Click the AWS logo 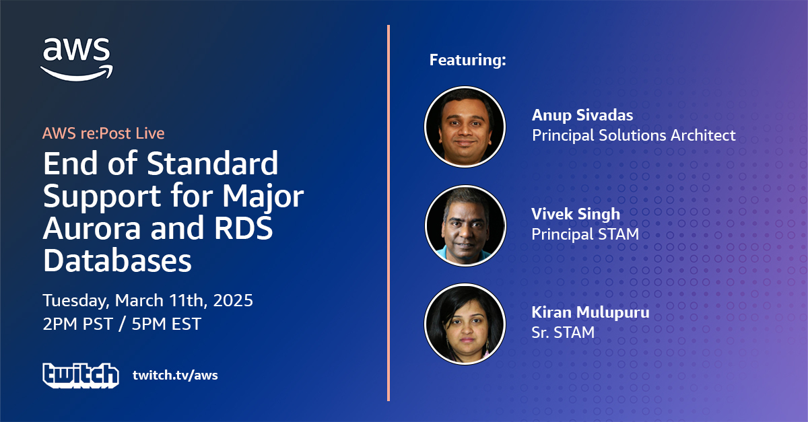pyautogui.click(x=77, y=59)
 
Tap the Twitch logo pyautogui.click(x=81, y=376)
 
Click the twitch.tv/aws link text pyautogui.click(x=175, y=375)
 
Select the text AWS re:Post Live pyautogui.click(x=104, y=133)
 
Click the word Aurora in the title pyautogui.click(x=92, y=229)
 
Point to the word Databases pyautogui.click(x=117, y=260)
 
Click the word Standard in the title pyautogui.click(x=213, y=164)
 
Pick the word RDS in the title pyautogui.click(x=244, y=229)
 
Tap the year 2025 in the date pyautogui.click(x=233, y=300)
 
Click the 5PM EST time pyautogui.click(x=166, y=324)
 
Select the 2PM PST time pyautogui.click(x=78, y=324)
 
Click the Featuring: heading pyautogui.click(x=468, y=60)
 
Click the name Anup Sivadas pyautogui.click(x=582, y=115)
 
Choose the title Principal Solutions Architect pyautogui.click(x=634, y=135)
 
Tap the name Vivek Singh pyautogui.click(x=576, y=214)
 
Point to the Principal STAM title pyautogui.click(x=585, y=234)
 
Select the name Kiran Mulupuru pyautogui.click(x=591, y=312)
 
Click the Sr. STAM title pyautogui.click(x=563, y=332)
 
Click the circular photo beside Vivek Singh pyautogui.click(x=465, y=225)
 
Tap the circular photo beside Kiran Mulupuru pyautogui.click(x=465, y=324)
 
